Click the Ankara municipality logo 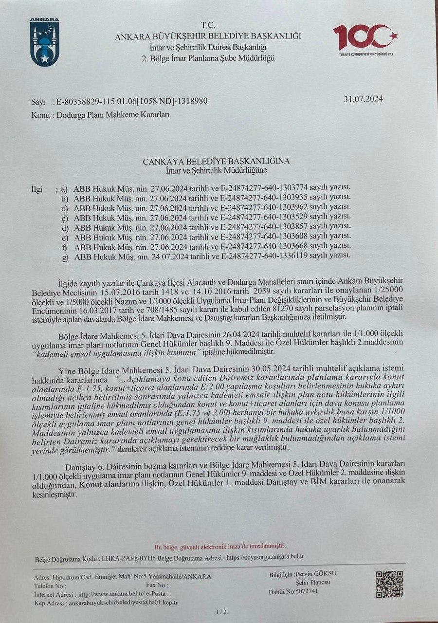45,42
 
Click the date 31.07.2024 363,98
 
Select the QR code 389,584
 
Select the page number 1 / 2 220,612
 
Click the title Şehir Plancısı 313,583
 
